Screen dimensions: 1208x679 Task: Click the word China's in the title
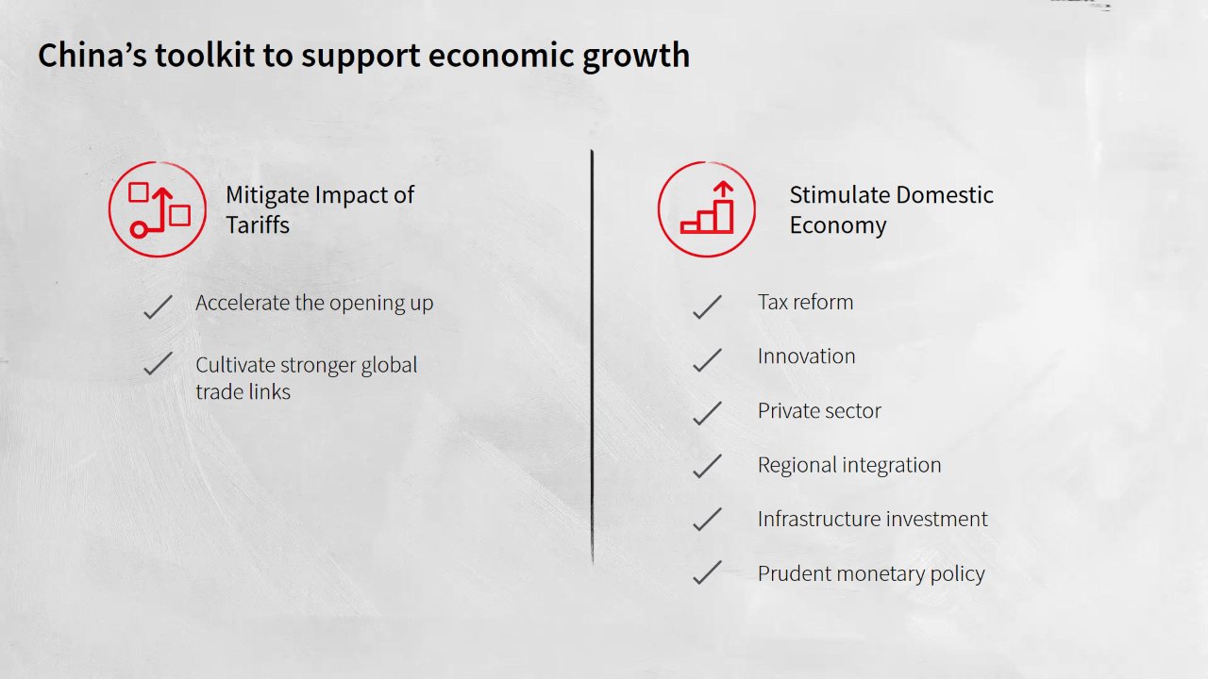click(92, 55)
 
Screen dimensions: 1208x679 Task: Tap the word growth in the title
click(636, 57)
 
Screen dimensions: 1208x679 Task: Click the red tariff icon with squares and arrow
click(158, 209)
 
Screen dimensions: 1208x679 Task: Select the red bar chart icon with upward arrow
click(707, 209)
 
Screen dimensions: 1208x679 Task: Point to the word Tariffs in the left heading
click(258, 224)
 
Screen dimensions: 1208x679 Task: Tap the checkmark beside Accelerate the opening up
click(158, 306)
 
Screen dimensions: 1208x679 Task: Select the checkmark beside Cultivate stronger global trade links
click(158, 363)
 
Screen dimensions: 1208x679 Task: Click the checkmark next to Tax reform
click(707, 306)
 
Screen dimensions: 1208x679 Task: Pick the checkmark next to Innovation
click(707, 359)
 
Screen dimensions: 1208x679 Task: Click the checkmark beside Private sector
click(707, 413)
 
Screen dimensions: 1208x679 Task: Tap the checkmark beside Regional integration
click(707, 466)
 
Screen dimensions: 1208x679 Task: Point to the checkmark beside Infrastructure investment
click(707, 519)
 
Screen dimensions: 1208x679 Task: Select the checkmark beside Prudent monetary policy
click(707, 572)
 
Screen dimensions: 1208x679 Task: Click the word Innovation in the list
click(806, 356)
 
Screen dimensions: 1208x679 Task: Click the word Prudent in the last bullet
click(794, 573)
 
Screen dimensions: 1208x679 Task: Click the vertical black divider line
click(592, 356)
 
